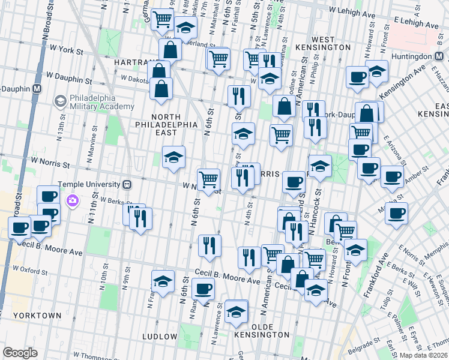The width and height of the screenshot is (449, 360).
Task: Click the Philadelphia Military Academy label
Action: click(x=101, y=102)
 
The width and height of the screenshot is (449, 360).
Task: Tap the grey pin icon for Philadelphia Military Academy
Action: click(x=60, y=102)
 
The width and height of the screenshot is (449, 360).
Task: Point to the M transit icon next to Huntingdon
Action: click(x=440, y=56)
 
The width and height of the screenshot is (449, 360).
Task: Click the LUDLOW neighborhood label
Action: click(x=160, y=337)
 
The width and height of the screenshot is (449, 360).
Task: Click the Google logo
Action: click(x=20, y=353)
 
